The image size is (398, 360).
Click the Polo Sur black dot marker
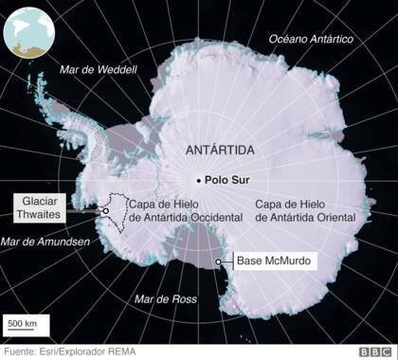[x=199, y=180]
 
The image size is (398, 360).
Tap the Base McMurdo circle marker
[x=219, y=261]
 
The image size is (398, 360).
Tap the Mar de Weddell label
[x=99, y=69]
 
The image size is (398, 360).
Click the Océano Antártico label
[x=311, y=39]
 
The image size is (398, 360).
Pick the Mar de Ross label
[x=165, y=299]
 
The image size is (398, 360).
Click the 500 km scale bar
[x=22, y=333]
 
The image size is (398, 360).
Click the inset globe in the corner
[x=29, y=30]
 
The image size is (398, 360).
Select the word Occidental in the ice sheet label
[x=207, y=217]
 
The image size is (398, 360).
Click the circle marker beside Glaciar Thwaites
[x=105, y=212]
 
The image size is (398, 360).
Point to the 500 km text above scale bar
[x=22, y=324]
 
